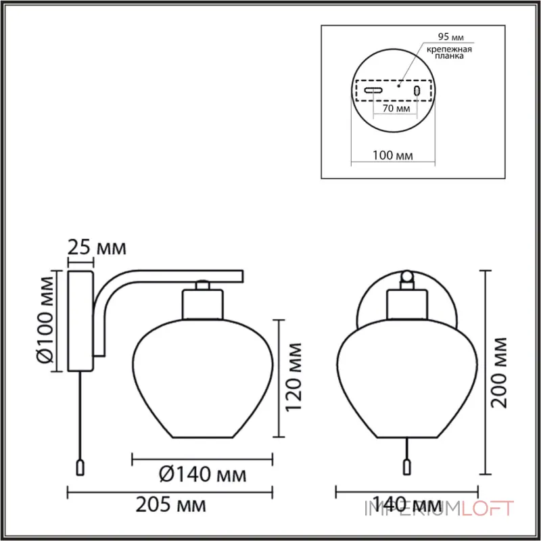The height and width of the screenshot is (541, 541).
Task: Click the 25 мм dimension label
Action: [97, 248]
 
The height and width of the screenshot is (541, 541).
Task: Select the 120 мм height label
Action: [294, 377]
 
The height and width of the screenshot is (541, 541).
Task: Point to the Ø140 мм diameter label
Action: [203, 475]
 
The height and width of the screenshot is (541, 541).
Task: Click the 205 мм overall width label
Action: [171, 505]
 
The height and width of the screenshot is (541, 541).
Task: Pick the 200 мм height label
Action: [499, 373]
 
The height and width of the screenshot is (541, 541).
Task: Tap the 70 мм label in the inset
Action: [396, 108]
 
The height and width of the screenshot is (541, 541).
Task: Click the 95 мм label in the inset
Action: [450, 37]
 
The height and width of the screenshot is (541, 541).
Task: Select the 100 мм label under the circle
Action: [393, 156]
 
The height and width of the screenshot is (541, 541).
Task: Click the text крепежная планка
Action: [449, 52]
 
